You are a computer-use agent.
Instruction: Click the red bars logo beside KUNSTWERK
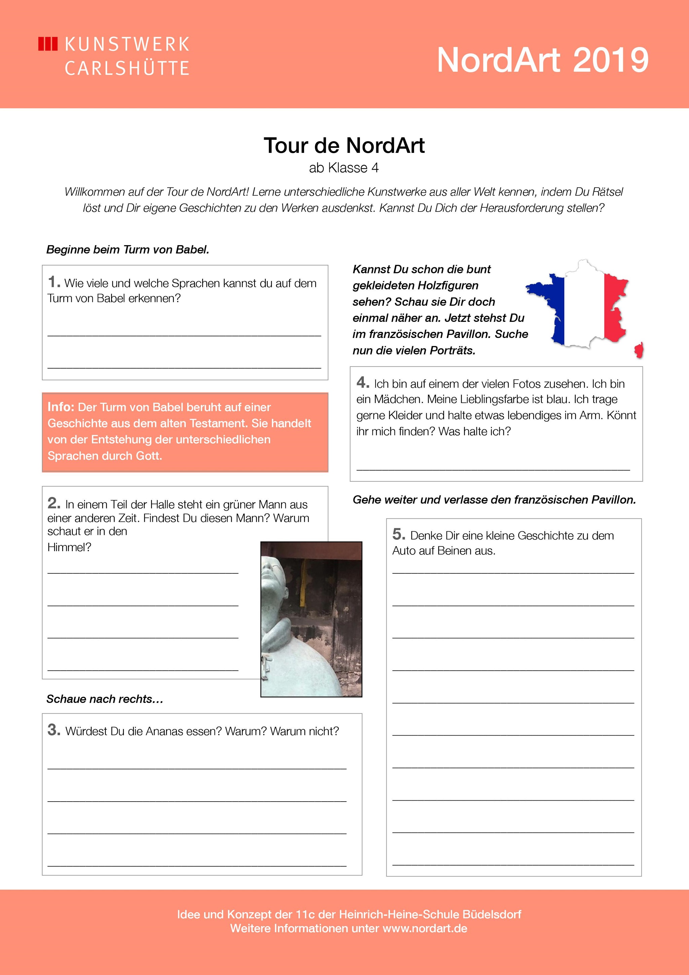click(47, 44)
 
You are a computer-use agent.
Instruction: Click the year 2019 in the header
click(611, 60)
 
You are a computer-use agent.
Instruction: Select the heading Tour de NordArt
click(344, 146)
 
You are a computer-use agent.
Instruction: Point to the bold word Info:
click(61, 407)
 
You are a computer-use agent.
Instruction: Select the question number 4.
click(363, 382)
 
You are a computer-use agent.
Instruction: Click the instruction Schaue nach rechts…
click(105, 699)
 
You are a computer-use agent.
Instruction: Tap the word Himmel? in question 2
click(69, 547)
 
